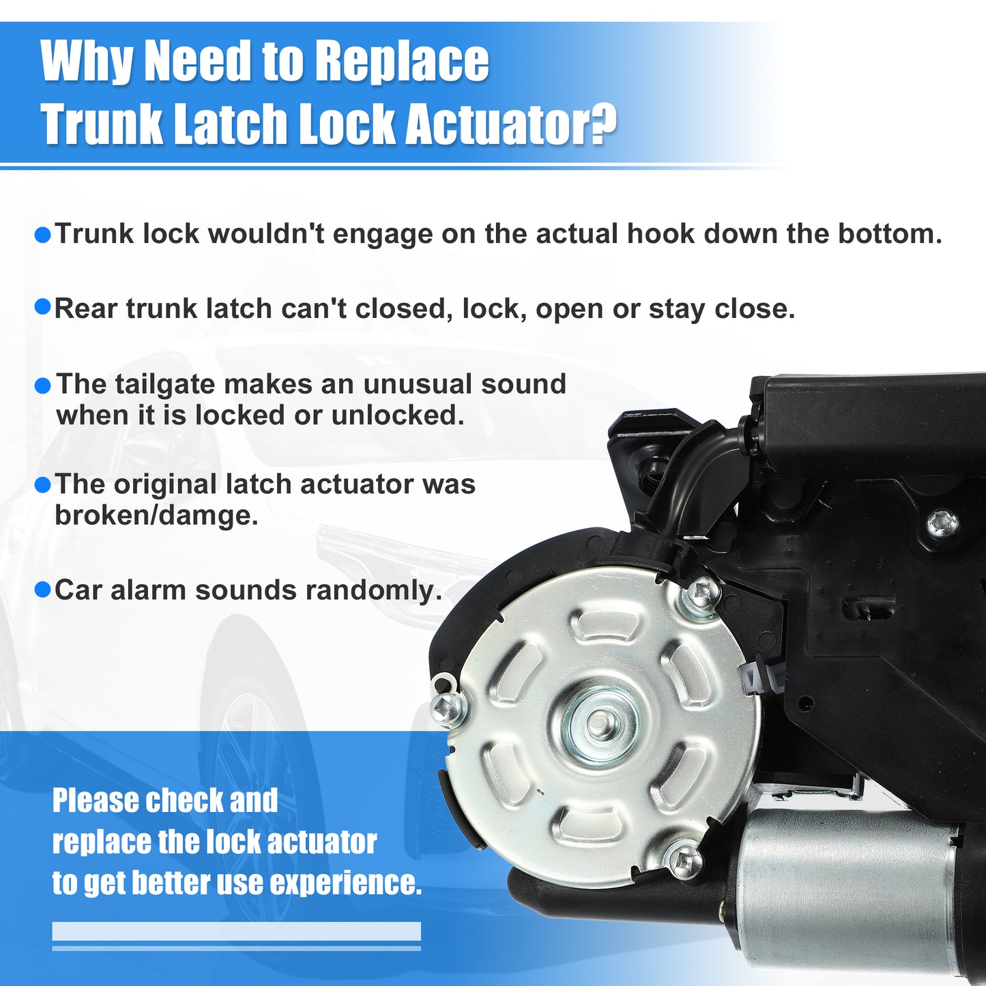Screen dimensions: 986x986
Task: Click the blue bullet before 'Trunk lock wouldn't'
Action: coord(43,236)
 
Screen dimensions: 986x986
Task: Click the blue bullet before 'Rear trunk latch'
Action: coord(43,308)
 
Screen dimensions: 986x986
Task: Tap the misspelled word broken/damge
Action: coord(156,516)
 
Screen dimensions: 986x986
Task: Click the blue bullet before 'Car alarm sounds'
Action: coord(43,590)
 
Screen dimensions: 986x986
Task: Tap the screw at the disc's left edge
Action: coord(447,708)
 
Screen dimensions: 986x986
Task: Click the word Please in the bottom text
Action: coord(96,801)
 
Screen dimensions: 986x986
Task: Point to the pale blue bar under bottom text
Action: coord(236,931)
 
